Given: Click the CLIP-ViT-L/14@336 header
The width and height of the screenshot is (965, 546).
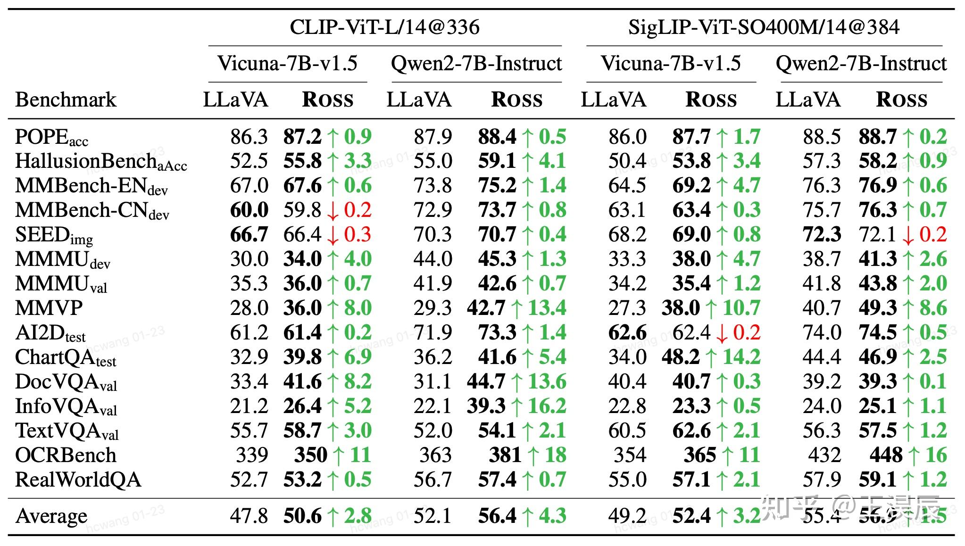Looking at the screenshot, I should pos(384,27).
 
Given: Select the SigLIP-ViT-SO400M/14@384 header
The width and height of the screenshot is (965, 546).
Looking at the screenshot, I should pos(764,27).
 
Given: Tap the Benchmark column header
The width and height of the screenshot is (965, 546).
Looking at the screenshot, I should pos(66,100).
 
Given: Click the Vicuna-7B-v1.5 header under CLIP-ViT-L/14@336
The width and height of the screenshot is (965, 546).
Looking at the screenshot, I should pos(287,63).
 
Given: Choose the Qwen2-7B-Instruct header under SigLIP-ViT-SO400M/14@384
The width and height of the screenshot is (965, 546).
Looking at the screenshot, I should pos(861,63).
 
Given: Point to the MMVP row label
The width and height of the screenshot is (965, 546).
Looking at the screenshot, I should pos(49,308).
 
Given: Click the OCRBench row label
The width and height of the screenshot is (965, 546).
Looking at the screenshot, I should pos(66,455).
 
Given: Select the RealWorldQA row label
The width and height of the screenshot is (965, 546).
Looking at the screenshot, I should pos(78,480).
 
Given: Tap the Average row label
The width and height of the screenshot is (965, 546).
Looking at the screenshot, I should pos(51,516).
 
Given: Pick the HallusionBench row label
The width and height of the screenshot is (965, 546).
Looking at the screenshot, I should pos(101,161).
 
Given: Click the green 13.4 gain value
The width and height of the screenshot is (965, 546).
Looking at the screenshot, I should pos(547,308).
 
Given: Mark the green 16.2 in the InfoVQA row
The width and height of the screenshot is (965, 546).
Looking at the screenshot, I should pos(547,406).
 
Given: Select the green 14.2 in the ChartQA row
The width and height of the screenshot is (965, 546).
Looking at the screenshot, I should pos(741,357).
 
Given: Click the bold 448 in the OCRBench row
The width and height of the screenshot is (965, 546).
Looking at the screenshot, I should pos(886,455).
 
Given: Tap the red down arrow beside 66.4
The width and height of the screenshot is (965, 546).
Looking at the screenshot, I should pos(333,235).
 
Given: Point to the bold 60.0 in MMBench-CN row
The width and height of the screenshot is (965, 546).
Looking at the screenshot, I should pos(249,210).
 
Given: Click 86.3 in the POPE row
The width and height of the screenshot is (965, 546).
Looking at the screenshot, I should pos(249,137).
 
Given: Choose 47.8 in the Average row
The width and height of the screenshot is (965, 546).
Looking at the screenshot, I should pos(249,516).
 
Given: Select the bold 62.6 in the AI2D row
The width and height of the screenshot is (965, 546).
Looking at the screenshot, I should pos(627,332).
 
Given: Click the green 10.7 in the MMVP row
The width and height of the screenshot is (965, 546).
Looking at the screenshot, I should pos(741,308).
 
